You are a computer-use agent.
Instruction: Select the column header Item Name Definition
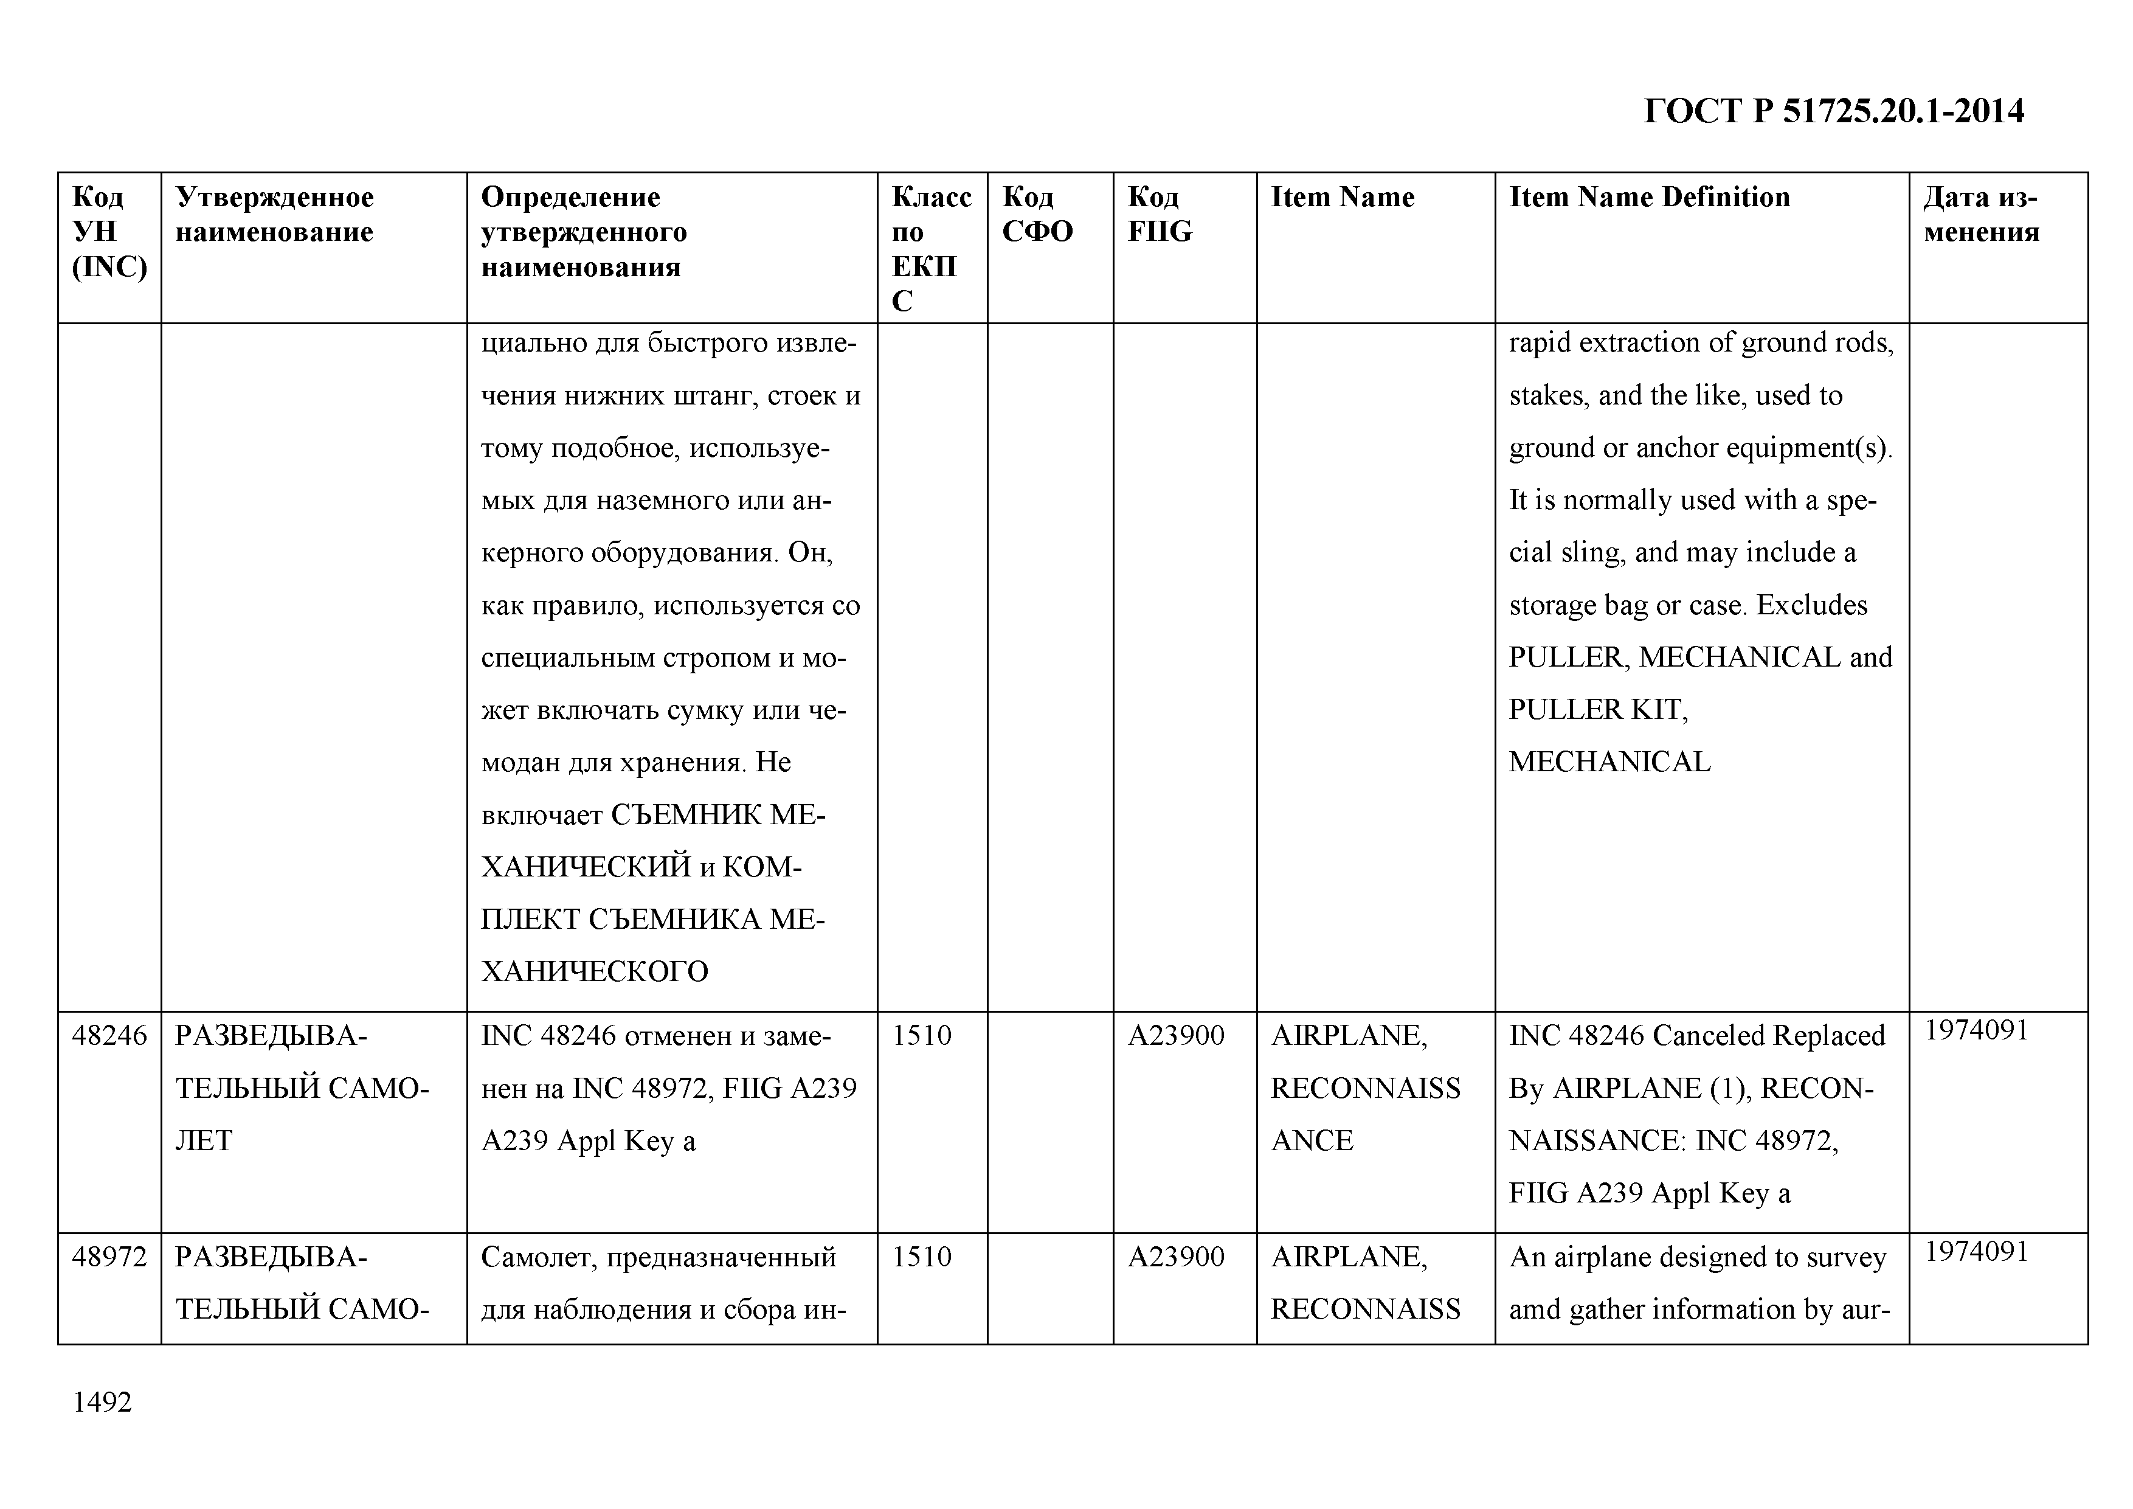(x=1649, y=197)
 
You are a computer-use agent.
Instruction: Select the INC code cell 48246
(x=109, y=1035)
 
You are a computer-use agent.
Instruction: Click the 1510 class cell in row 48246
(x=922, y=1035)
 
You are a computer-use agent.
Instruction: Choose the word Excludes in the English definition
(x=1811, y=605)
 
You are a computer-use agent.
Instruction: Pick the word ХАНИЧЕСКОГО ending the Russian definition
(x=595, y=972)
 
